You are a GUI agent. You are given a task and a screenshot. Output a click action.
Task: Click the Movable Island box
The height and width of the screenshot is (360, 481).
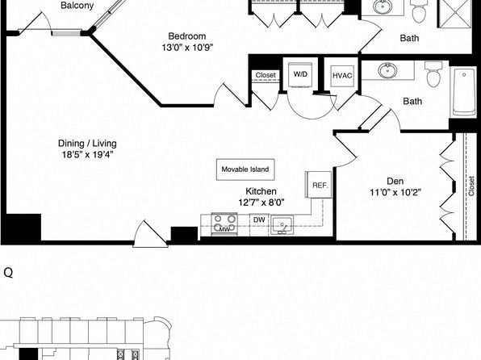click(245, 170)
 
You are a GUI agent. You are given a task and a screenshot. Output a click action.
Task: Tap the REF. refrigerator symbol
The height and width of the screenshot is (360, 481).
click(320, 185)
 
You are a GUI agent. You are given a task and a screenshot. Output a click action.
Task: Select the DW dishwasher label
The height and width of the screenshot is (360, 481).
click(259, 220)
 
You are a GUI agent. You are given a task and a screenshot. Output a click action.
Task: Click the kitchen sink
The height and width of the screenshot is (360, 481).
click(282, 225)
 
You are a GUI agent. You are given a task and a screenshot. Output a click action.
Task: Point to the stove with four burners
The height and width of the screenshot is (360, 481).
click(224, 224)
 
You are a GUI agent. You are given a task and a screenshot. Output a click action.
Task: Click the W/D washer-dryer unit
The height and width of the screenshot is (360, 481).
click(300, 76)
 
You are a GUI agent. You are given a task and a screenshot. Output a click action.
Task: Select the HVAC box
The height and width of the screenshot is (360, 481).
click(342, 76)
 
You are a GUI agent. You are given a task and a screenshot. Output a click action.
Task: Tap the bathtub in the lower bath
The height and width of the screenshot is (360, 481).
click(464, 93)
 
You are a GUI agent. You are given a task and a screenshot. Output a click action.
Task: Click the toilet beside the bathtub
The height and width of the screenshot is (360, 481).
click(433, 74)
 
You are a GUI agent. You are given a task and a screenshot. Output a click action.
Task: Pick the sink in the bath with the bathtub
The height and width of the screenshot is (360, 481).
click(388, 70)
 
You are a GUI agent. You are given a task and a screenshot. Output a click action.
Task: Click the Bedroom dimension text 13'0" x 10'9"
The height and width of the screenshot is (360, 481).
click(187, 48)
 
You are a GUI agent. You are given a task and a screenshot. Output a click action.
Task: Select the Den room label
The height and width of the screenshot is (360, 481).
click(395, 181)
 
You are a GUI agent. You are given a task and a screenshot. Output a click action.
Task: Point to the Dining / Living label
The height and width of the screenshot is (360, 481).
click(87, 144)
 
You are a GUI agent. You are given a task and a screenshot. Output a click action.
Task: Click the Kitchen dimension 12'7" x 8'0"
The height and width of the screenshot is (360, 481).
click(261, 203)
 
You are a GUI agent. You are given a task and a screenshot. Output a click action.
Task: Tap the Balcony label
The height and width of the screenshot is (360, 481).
click(77, 5)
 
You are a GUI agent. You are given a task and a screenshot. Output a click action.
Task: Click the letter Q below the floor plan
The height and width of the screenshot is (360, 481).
click(8, 272)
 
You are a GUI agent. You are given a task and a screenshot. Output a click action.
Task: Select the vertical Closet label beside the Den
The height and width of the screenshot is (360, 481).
click(471, 186)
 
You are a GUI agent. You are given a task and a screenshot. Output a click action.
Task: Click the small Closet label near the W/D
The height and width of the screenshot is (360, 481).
click(266, 75)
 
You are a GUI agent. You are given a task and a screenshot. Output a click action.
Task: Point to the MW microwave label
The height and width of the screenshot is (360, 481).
click(224, 229)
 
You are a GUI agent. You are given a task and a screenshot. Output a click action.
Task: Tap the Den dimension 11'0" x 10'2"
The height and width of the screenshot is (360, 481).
click(395, 192)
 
